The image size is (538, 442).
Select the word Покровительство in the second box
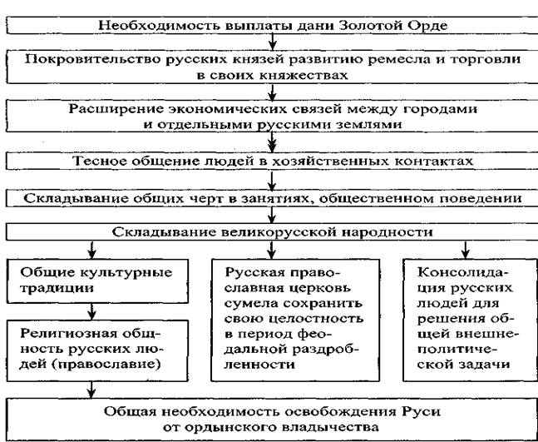click(x=93, y=60)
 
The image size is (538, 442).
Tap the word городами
click(x=440, y=110)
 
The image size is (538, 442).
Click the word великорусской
click(x=278, y=232)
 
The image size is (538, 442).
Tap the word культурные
click(x=126, y=273)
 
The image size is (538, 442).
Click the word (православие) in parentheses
click(x=106, y=365)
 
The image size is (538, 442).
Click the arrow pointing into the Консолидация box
click(x=466, y=250)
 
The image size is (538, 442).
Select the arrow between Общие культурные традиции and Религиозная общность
click(x=91, y=311)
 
